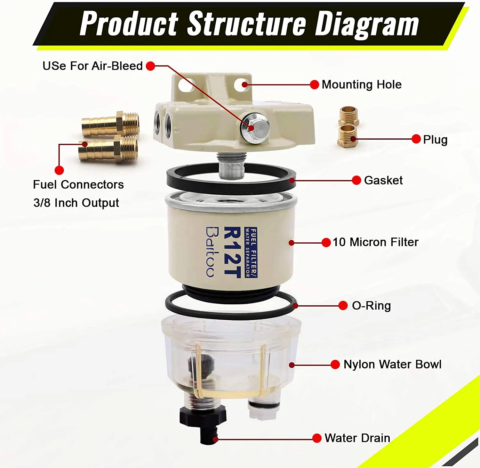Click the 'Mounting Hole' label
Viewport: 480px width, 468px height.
(361, 85)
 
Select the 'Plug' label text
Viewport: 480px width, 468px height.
(435, 140)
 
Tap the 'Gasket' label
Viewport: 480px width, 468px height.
(383, 181)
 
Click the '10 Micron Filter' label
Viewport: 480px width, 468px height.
(375, 242)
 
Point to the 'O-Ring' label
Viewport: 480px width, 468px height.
(371, 306)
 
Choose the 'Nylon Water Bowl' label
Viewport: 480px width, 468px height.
(392, 364)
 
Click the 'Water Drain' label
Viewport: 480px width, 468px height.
(357, 438)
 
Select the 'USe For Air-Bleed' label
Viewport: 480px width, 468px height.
(92, 66)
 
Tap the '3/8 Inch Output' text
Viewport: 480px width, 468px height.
(76, 203)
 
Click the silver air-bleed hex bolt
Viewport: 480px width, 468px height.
(255, 128)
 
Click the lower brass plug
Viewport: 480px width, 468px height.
(348, 136)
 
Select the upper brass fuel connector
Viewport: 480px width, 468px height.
(110, 124)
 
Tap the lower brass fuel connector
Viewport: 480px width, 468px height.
(108, 149)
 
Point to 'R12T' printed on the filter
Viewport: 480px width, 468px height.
(232, 252)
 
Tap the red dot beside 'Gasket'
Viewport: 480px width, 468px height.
(356, 180)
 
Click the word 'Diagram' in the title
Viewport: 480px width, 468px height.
(367, 24)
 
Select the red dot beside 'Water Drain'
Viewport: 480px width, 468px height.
(316, 438)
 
